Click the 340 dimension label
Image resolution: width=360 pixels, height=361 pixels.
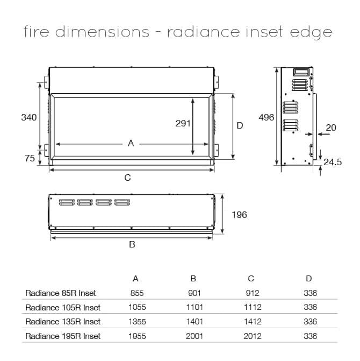tap(29, 117)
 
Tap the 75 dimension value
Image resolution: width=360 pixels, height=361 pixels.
tap(30, 158)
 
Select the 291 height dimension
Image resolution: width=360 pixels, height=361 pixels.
tap(183, 123)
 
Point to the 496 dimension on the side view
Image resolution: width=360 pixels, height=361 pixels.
tap(267, 117)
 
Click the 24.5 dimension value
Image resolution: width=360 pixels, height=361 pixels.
tap(333, 162)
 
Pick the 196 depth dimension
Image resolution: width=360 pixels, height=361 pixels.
tap(239, 215)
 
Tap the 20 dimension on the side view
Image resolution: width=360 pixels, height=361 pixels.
tap(331, 128)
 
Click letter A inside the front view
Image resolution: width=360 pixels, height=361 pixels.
tap(131, 144)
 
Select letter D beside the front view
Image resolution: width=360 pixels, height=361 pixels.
tap(240, 125)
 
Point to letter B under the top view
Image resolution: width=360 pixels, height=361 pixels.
tap(132, 244)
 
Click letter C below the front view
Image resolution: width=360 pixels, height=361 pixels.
tap(127, 178)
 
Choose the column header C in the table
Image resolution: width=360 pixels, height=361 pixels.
tap(251, 279)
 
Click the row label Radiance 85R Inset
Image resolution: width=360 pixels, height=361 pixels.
tap(61, 293)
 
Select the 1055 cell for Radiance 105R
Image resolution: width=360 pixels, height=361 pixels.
tap(137, 307)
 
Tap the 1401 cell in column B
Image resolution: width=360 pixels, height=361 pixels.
tap(195, 322)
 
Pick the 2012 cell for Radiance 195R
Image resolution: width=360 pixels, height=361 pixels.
tap(253, 336)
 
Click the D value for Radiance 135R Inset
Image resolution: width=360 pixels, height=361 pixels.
tap(311, 322)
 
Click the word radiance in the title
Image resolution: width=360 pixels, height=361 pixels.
tap(204, 31)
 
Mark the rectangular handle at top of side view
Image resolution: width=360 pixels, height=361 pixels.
tap(301, 72)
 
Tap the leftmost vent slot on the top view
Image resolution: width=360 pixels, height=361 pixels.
tap(67, 202)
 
